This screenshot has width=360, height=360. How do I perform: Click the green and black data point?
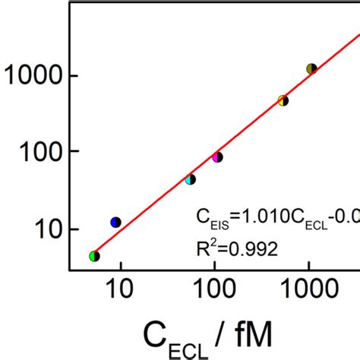[94, 256]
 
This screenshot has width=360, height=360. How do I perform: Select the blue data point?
[115, 222]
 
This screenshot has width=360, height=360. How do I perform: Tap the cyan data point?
[191, 179]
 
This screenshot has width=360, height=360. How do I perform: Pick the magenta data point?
[217, 157]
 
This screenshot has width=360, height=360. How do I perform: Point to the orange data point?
[283, 99]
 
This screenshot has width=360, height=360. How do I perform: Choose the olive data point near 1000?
[311, 69]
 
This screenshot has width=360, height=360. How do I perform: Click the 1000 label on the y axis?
[35, 76]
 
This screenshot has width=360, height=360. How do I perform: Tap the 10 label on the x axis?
[119, 289]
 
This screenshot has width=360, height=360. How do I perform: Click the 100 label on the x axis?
[214, 289]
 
